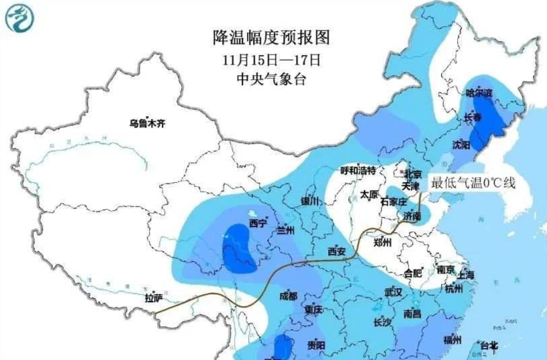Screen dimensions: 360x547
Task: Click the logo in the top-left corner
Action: point(18,18)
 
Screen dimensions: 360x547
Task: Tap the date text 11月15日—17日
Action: point(272,59)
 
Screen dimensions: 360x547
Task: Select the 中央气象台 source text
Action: point(272,79)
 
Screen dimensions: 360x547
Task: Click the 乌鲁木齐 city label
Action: point(147,123)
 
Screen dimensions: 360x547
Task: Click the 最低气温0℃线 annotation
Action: point(473,183)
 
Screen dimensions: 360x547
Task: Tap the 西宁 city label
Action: point(257,222)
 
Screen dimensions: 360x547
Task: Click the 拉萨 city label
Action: point(154,298)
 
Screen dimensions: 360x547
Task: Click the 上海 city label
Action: point(465,275)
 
